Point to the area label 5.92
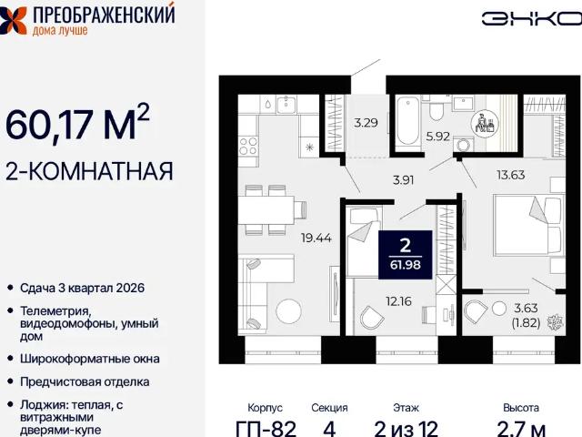438,137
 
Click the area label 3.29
366,121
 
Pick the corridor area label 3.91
403,179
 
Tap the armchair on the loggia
477,314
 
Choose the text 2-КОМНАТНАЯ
90,170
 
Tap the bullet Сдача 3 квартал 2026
82,288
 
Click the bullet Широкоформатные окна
89,359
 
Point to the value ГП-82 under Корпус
266,428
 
